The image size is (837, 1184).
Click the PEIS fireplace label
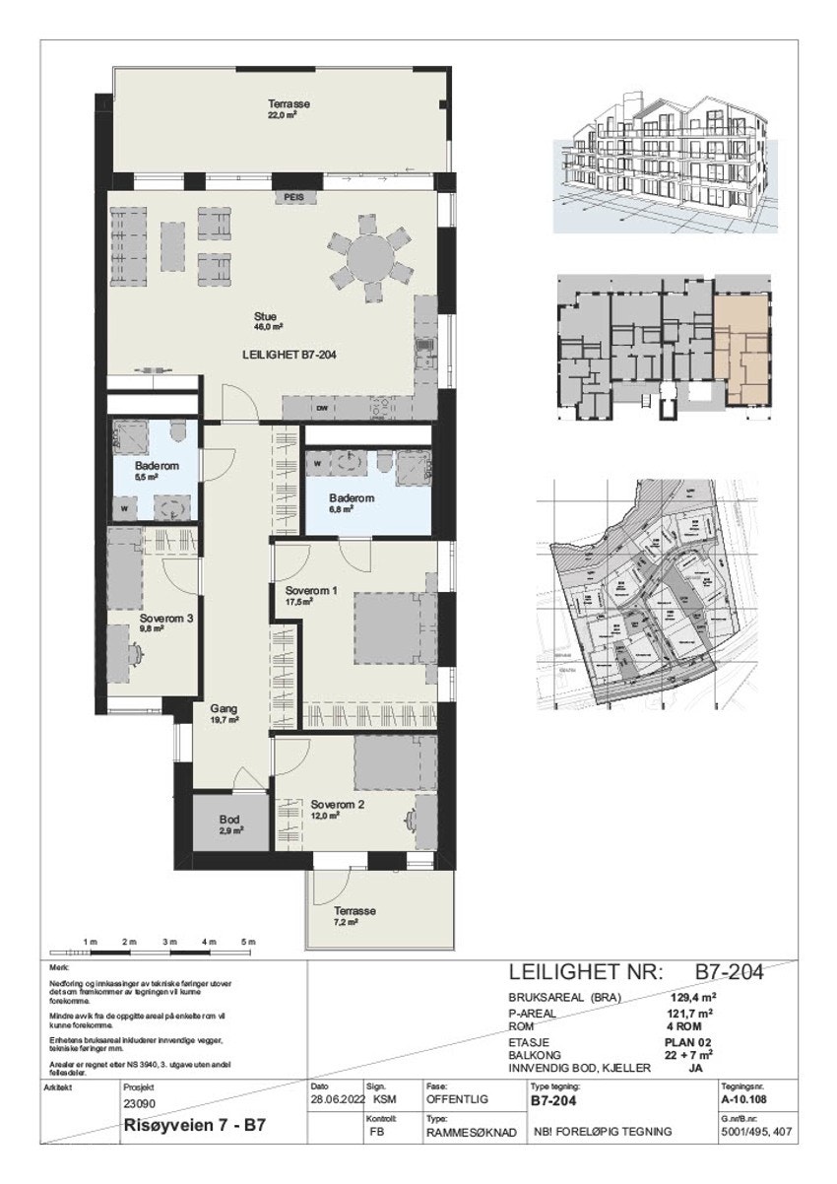(x=293, y=197)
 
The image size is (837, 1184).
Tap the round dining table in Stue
(x=370, y=258)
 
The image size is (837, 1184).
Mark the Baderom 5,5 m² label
(x=155, y=467)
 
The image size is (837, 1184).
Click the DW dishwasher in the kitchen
(x=321, y=407)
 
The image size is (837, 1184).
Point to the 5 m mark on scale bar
(x=249, y=943)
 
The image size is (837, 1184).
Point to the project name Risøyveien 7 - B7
(x=193, y=1124)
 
